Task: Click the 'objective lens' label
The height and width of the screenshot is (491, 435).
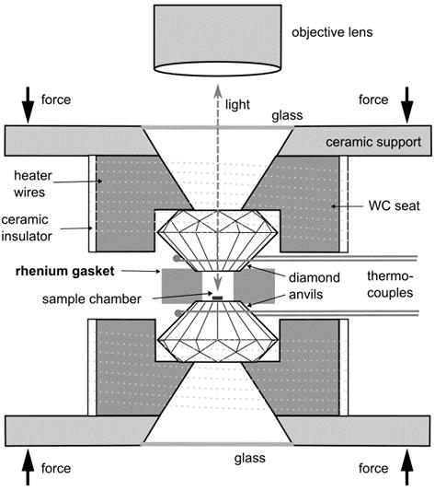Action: [332, 32]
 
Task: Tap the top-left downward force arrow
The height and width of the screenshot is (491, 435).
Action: [28, 105]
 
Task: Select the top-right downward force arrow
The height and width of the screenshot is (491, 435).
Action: [406, 105]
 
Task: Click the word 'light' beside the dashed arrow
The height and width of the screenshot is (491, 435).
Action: [237, 105]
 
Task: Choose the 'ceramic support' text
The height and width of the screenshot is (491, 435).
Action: [373, 142]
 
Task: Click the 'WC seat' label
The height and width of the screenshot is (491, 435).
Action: [394, 206]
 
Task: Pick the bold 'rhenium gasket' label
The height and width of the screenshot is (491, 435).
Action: [65, 271]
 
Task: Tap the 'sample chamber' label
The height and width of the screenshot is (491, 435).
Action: [92, 299]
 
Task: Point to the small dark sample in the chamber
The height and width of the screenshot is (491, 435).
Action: [218, 298]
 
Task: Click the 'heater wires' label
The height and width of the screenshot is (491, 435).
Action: [33, 184]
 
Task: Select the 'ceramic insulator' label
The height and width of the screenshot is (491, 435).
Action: [27, 228]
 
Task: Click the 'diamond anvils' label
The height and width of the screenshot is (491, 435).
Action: [314, 286]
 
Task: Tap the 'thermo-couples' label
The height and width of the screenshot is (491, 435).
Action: [390, 285]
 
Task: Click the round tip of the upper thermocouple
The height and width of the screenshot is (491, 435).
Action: [177, 258]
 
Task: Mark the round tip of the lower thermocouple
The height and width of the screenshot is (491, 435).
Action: [178, 313]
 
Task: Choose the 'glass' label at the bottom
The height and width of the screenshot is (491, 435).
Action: [250, 459]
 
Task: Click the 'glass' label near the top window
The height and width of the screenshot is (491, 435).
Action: [287, 115]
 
